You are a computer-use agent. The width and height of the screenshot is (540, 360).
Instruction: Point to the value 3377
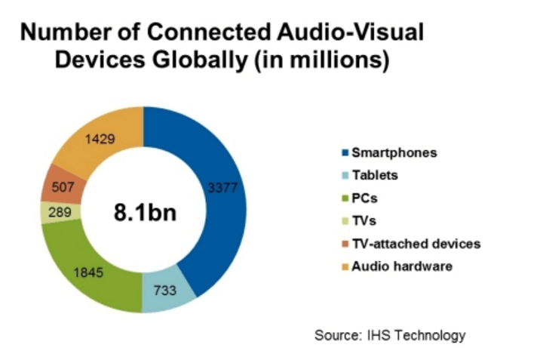click(x=224, y=187)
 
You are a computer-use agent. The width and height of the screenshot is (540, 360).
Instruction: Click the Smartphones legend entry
click(x=395, y=152)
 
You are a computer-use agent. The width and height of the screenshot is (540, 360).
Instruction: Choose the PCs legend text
click(x=371, y=198)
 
